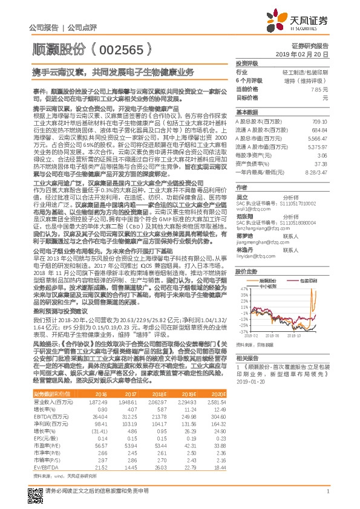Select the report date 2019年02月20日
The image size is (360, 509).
click(307, 54)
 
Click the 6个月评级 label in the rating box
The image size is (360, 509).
click(246, 80)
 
